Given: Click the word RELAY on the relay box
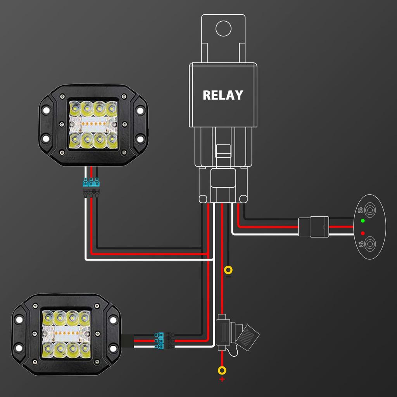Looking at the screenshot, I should point(223,95).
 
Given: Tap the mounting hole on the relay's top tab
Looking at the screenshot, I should point(223,29).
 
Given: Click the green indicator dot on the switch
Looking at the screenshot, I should point(362,221).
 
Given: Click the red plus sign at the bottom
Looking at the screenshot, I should point(222,379).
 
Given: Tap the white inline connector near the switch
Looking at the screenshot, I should point(314,226).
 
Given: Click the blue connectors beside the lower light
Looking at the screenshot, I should point(159,339).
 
